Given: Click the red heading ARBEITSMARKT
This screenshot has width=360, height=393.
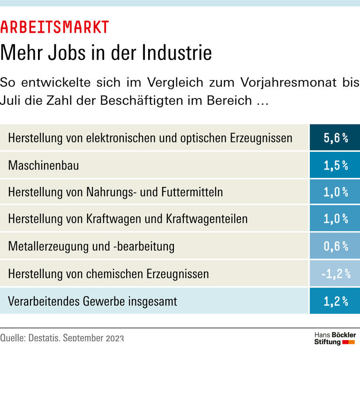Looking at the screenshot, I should (x=54, y=27).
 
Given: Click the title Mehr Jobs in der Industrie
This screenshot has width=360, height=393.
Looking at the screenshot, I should (x=106, y=52).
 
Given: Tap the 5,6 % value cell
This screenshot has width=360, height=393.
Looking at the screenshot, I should (x=335, y=138).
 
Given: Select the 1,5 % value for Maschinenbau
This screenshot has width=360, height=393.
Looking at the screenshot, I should (x=335, y=165).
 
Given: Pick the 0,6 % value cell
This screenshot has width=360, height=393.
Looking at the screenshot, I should (x=335, y=246).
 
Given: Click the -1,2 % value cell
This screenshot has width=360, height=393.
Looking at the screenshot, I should (x=335, y=274).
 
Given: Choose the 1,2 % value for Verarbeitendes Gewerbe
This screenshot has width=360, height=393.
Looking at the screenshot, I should (x=335, y=301).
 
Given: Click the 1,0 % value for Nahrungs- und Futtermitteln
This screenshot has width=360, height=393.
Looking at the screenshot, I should (x=335, y=192).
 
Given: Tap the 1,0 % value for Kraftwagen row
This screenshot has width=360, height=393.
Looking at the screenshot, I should (x=335, y=219).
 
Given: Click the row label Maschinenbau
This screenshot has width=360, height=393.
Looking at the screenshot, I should (x=44, y=165).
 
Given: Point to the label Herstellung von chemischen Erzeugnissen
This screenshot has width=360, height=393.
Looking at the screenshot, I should (x=108, y=274).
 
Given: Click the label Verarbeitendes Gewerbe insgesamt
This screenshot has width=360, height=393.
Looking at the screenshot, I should (x=93, y=301).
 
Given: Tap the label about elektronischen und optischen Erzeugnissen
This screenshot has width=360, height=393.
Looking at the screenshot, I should (x=150, y=138).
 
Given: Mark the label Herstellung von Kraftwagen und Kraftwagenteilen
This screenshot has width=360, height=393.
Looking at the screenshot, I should (x=128, y=219).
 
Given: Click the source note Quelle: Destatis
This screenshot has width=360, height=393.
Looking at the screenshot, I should (x=62, y=338).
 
